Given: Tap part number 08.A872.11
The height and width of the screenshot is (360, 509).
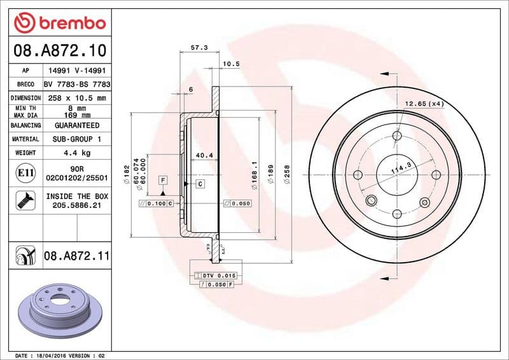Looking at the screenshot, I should point(77,256).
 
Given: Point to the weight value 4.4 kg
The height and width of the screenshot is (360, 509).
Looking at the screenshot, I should point(77,153).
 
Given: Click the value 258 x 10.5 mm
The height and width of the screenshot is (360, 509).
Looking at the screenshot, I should point(77,98).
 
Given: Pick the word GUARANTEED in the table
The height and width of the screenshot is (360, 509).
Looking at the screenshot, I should point(77,125).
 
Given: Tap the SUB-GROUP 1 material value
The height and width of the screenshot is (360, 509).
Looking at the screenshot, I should point(77,139).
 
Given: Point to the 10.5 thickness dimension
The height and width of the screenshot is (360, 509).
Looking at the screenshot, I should point(230,64).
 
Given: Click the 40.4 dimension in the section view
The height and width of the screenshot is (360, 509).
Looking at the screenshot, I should point(204,155).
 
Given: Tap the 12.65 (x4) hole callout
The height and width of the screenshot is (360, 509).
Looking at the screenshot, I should point(424,103).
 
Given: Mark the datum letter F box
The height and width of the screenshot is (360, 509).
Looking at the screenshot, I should point(163,180).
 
